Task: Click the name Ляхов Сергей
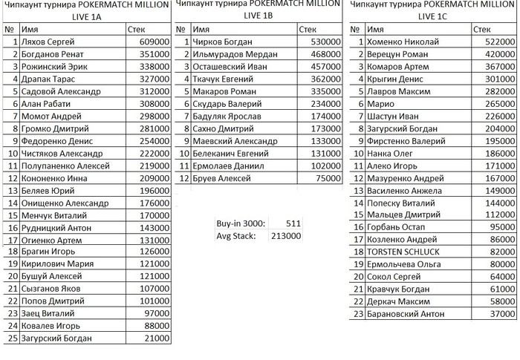pos(47,42)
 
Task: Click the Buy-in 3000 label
pos(235,223)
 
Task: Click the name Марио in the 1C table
pos(377,104)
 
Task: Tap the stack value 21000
pos(157,338)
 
